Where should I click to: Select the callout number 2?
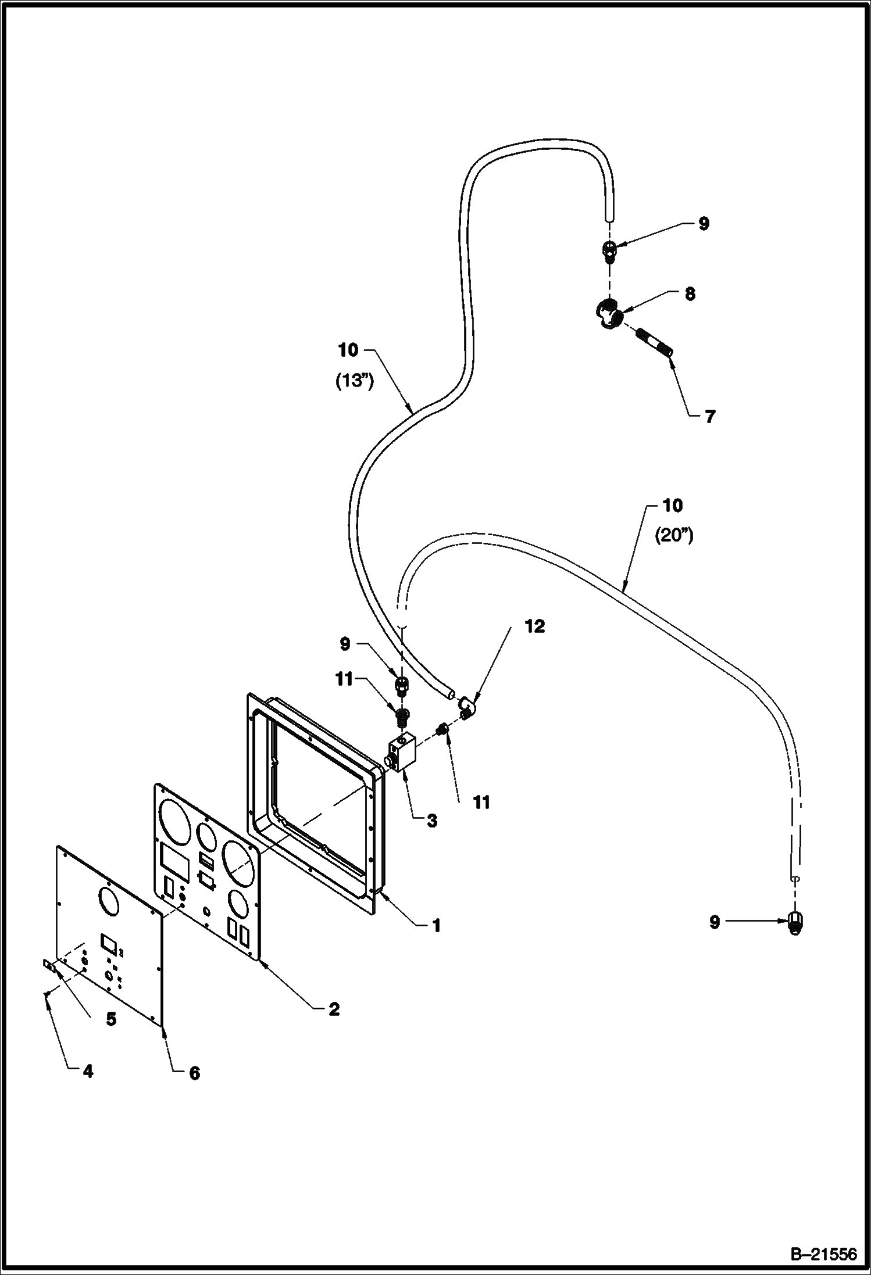[x=334, y=1009]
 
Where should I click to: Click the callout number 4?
[x=87, y=1070]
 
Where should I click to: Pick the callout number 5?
[x=110, y=1019]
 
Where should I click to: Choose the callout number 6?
[x=194, y=1073]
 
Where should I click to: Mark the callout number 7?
[x=709, y=417]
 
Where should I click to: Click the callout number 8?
[x=690, y=294]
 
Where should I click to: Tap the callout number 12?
[x=535, y=626]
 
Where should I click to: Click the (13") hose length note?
[x=355, y=382]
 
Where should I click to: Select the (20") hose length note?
[x=674, y=536]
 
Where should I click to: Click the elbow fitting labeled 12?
[x=467, y=707]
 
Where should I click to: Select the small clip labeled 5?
[x=49, y=965]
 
